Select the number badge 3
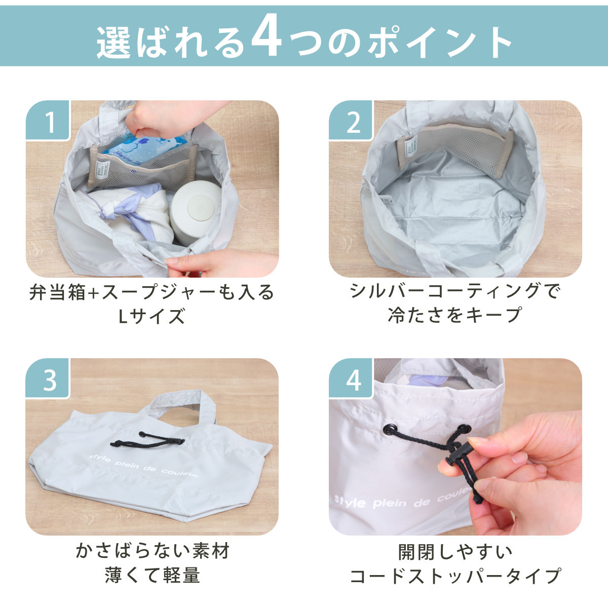pos(48,378)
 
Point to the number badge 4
pos(351,378)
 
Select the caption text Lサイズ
pos(151,316)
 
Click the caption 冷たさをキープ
pos(455,315)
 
